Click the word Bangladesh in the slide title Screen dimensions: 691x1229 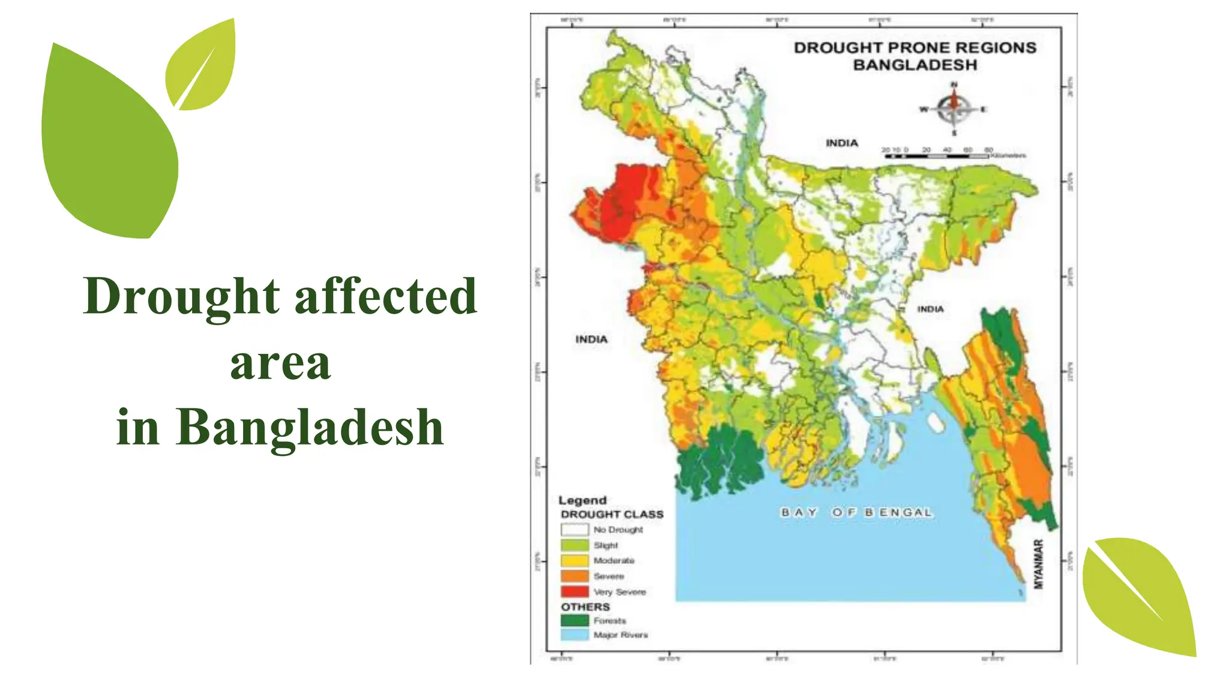[x=310, y=427]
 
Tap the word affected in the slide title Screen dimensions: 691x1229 [x=386, y=296]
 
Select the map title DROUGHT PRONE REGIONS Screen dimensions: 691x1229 [x=915, y=48]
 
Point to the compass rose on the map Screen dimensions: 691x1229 [x=954, y=109]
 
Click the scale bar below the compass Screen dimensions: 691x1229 [x=936, y=156]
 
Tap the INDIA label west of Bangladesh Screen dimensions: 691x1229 [x=591, y=340]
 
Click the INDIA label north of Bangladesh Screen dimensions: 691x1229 [x=841, y=143]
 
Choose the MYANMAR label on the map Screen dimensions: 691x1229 [x=1039, y=564]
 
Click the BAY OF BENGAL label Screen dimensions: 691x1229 [x=856, y=513]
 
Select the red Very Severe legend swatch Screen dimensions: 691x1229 [x=574, y=591]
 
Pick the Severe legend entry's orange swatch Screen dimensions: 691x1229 [x=574, y=576]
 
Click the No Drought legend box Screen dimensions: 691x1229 [x=574, y=530]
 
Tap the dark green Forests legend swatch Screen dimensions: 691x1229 [x=574, y=620]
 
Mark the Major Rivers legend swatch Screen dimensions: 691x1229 [x=574, y=635]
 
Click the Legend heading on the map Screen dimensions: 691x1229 [x=582, y=500]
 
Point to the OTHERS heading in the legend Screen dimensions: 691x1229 [x=585, y=607]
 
